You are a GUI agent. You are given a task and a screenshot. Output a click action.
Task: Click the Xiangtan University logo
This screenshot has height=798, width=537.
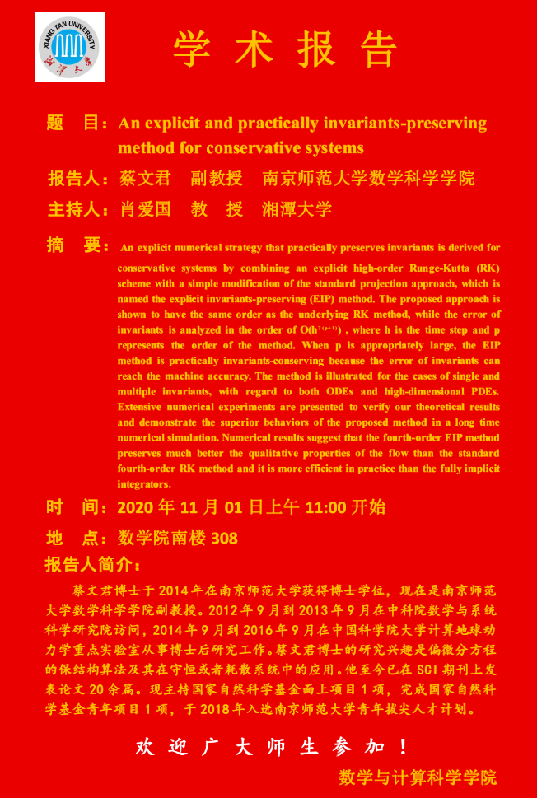(69, 47)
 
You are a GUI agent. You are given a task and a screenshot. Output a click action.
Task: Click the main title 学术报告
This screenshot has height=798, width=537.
(286, 49)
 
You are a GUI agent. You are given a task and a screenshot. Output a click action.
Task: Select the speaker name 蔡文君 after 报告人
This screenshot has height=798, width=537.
(145, 178)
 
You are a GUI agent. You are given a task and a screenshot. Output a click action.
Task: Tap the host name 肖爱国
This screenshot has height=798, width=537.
(144, 208)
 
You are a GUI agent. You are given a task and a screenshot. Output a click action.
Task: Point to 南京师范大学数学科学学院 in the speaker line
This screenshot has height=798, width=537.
(368, 178)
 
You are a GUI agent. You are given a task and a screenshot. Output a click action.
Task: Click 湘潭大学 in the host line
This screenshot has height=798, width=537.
(297, 208)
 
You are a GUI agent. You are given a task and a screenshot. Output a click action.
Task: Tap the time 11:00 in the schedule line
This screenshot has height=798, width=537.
(325, 507)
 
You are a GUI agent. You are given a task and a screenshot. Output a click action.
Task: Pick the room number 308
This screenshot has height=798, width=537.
(225, 539)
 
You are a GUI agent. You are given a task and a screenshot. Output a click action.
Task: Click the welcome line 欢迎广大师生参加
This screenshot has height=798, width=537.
(273, 747)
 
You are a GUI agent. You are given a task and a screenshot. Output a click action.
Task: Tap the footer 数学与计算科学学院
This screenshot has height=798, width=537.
(418, 777)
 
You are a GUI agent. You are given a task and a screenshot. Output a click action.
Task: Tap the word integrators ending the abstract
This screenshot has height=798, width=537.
(142, 484)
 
